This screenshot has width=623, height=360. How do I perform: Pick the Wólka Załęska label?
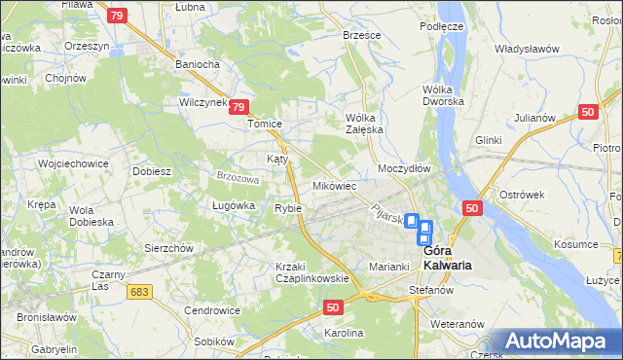366,124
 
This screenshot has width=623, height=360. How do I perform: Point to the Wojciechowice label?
72,163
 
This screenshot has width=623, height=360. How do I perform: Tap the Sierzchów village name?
168,248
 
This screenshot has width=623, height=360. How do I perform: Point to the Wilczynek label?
202,101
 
